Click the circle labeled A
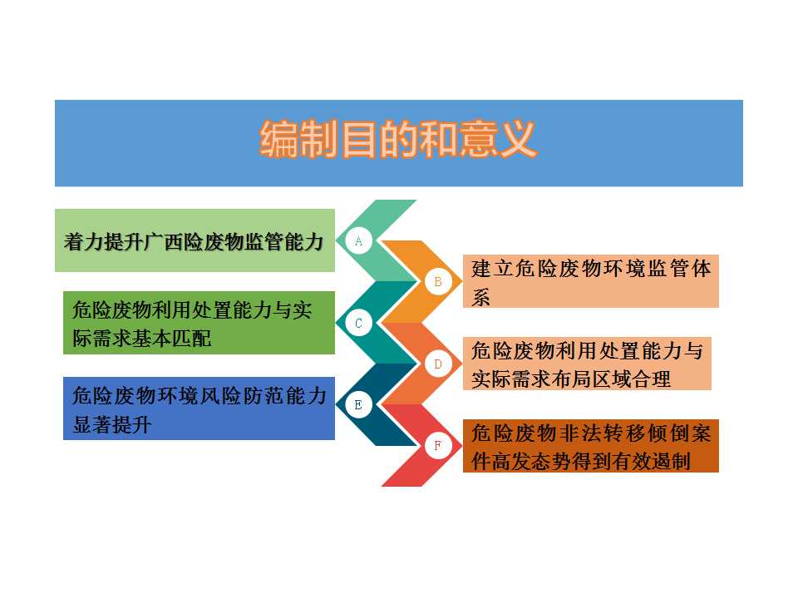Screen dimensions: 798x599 (x=358, y=241)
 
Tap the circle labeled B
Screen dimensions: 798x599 (x=438, y=282)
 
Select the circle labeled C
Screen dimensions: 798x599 (x=358, y=323)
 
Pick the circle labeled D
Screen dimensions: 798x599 (x=438, y=364)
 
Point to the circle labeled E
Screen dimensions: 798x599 (x=358, y=405)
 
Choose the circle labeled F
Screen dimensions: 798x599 (x=438, y=446)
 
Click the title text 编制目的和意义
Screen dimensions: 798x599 (x=398, y=139)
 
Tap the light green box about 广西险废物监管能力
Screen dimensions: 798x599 (x=195, y=240)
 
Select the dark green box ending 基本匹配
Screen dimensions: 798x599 (x=199, y=323)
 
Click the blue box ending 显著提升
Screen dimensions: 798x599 (x=199, y=408)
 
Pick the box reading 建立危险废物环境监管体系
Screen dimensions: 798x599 (x=591, y=281)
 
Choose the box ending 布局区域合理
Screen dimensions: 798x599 (x=588, y=364)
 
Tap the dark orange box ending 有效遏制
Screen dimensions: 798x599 (x=591, y=446)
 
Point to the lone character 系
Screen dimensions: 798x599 (x=481, y=297)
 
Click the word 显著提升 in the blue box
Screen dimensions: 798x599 (x=112, y=424)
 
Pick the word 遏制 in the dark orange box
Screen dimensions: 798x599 (x=672, y=462)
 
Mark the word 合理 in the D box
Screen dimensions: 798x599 (x=652, y=379)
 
